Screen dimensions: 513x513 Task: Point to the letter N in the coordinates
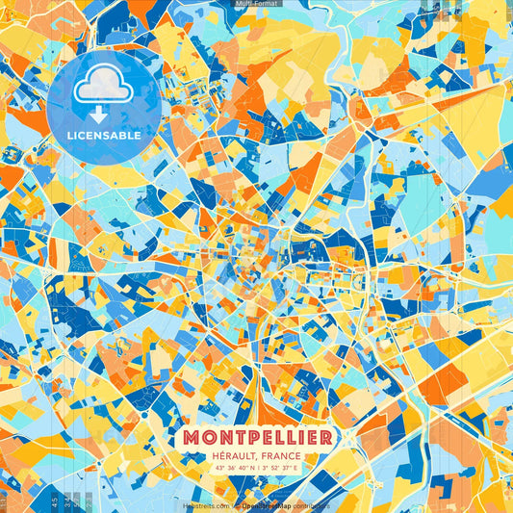[x=253, y=468]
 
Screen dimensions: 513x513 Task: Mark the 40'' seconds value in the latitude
[x=244, y=468]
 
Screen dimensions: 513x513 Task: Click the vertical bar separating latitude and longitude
[x=260, y=468]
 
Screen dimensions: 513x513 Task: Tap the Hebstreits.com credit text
[x=203, y=504]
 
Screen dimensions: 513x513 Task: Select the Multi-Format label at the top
[x=256, y=4]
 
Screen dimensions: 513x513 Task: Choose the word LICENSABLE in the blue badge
[x=104, y=136]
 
